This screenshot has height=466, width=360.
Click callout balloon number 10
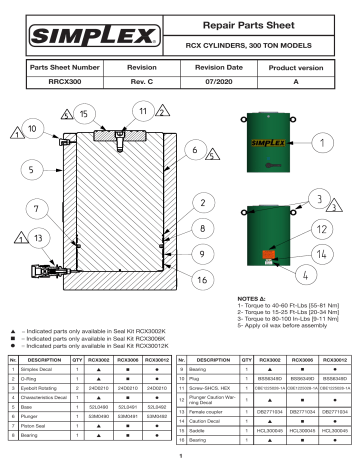click(34, 129)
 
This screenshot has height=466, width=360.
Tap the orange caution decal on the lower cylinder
click(270, 253)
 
